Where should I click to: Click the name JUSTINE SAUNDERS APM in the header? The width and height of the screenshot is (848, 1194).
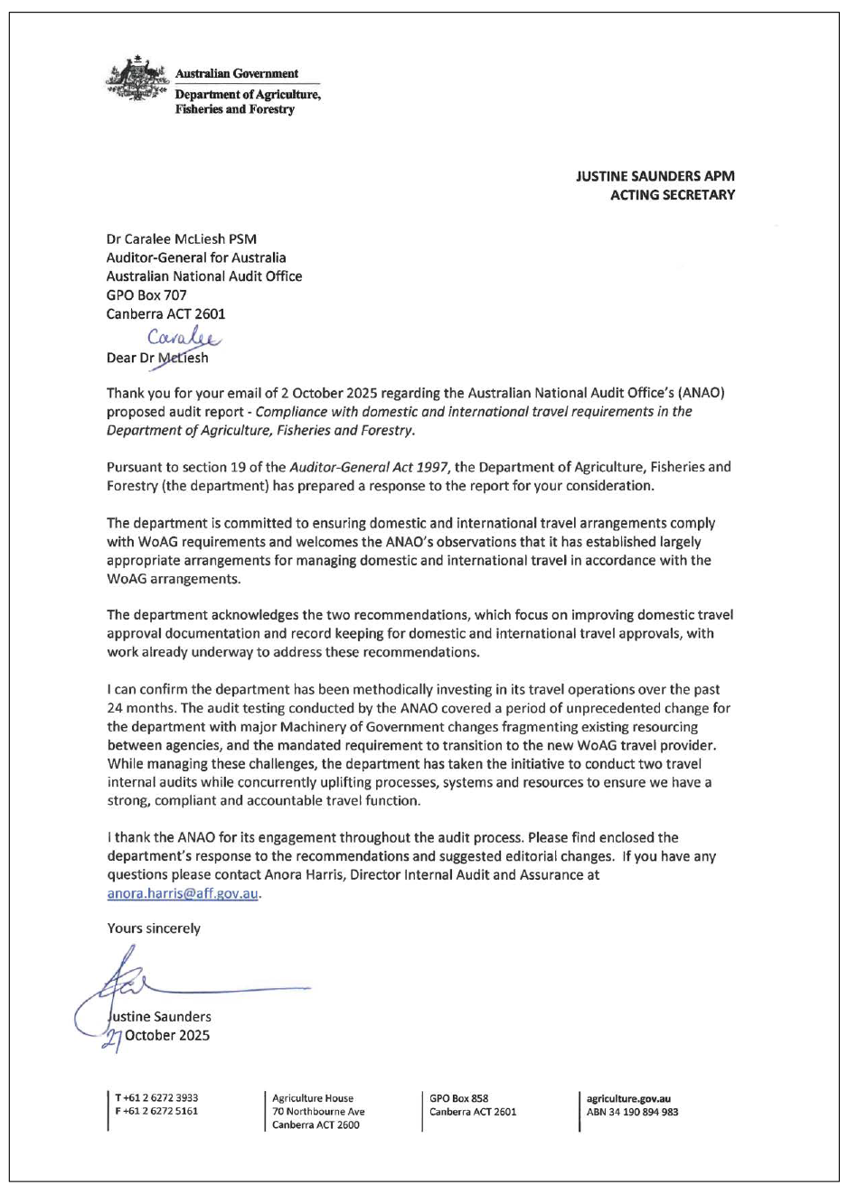point(655,176)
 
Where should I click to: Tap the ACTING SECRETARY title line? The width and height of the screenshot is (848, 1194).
point(672,194)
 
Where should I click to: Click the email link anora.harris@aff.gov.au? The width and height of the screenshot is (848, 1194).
point(183,893)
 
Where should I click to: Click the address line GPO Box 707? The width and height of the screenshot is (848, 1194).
point(146,294)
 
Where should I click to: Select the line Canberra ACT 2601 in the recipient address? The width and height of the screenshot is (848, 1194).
point(165,313)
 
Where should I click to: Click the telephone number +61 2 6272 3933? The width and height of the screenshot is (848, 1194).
point(156,1098)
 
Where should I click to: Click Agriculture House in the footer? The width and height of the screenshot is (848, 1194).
point(313,1098)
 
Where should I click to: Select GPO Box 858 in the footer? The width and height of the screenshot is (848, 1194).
point(459,1098)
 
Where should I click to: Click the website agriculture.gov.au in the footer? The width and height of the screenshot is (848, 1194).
point(628,1099)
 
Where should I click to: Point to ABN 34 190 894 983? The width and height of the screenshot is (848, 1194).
point(632,1112)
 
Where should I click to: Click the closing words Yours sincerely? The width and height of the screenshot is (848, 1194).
point(154,928)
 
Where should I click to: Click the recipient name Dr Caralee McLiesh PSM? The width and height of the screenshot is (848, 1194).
point(181,239)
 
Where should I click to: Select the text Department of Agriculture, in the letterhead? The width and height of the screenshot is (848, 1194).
point(248,95)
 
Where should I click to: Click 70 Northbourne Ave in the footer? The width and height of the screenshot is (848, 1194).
point(318,1112)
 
